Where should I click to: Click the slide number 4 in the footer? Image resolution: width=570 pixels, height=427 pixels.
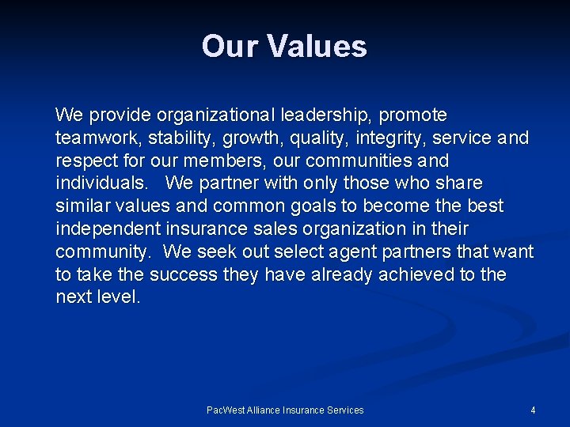coord(533,410)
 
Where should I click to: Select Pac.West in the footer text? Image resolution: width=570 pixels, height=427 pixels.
coord(226,410)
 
